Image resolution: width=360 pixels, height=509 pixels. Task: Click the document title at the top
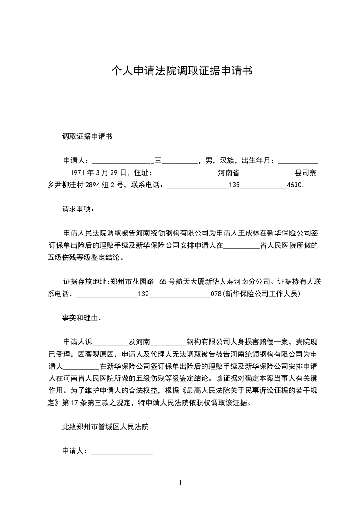click(x=182, y=71)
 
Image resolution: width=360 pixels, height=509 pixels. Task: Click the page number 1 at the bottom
click(x=180, y=483)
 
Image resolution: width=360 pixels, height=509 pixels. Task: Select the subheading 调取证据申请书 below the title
click(x=87, y=136)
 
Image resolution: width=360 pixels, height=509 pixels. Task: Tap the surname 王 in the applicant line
click(x=158, y=161)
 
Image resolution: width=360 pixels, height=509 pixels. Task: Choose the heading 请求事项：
click(x=79, y=210)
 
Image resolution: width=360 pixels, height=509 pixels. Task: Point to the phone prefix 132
click(x=143, y=294)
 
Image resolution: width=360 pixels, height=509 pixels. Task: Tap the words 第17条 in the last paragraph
click(x=74, y=403)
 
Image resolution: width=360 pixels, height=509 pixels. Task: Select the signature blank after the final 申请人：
click(x=122, y=452)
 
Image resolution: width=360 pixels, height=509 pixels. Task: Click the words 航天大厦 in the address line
click(x=191, y=282)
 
